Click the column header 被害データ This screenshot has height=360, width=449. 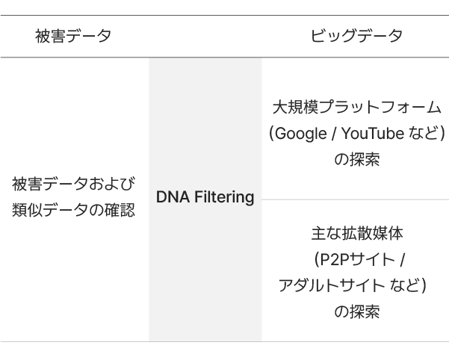(73, 36)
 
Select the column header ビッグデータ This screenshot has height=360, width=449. (356, 36)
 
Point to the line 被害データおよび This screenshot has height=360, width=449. (73, 184)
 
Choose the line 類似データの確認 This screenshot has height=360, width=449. (73, 211)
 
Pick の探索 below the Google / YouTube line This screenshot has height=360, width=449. (356, 160)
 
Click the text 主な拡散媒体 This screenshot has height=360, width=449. (356, 234)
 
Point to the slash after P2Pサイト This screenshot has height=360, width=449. (402, 260)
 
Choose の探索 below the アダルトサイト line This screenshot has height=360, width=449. (356, 311)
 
